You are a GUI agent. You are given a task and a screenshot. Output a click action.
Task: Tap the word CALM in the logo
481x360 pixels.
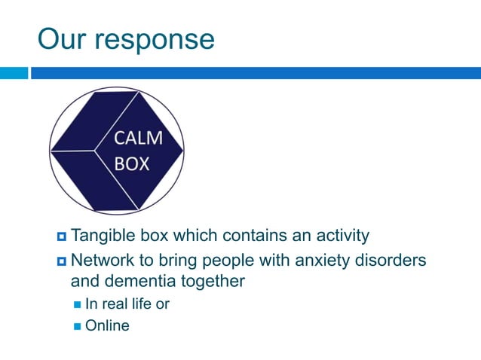pyautogui.click(x=137, y=139)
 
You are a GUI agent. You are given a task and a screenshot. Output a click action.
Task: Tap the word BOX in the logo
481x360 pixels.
pyautogui.click(x=132, y=163)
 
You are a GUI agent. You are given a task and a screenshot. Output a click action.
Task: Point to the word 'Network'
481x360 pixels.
pyautogui.click(x=102, y=261)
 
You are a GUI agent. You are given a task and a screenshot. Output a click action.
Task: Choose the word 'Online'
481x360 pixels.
pyautogui.click(x=107, y=326)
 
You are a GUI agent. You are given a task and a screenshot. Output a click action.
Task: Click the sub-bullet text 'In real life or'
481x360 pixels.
pyautogui.click(x=127, y=304)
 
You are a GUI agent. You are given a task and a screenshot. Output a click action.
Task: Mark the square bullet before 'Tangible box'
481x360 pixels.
pyautogui.click(x=61, y=236)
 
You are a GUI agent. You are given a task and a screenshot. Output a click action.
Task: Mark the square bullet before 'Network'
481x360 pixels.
pyautogui.click(x=61, y=261)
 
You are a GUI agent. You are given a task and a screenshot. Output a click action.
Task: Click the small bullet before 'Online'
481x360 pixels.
pyautogui.click(x=78, y=326)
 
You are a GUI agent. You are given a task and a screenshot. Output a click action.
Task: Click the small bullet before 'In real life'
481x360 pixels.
pyautogui.click(x=78, y=304)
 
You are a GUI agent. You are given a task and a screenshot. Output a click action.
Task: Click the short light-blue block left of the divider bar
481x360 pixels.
pyautogui.click(x=14, y=73)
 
